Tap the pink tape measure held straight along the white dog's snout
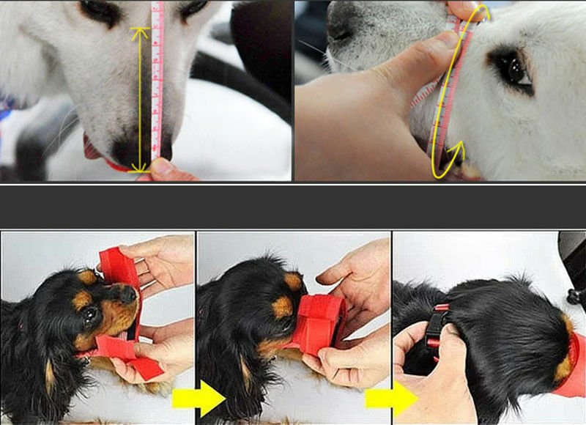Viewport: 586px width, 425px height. pyautogui.click(x=156, y=81)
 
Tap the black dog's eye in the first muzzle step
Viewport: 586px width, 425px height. pyautogui.click(x=89, y=314)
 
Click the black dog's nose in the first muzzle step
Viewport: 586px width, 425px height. pyautogui.click(x=129, y=294)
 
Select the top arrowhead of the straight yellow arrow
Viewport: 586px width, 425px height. pyautogui.click(x=140, y=33)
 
